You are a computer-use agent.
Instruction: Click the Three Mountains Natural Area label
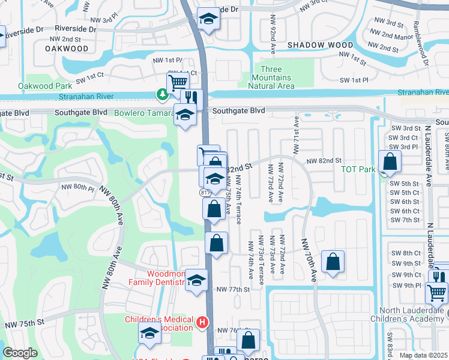(x=271, y=77)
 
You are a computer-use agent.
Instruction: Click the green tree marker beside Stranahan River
(x=162, y=94)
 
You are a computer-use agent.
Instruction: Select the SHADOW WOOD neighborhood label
(x=320, y=45)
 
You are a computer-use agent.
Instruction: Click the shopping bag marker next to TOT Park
(x=390, y=161)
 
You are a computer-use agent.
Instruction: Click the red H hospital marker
(x=202, y=323)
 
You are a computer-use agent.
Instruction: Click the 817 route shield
(x=204, y=193)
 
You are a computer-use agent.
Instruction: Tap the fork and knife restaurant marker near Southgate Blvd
(x=191, y=98)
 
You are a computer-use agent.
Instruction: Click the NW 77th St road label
(x=232, y=289)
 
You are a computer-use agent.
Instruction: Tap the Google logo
(x=20, y=352)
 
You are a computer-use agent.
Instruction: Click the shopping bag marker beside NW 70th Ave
(x=333, y=261)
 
